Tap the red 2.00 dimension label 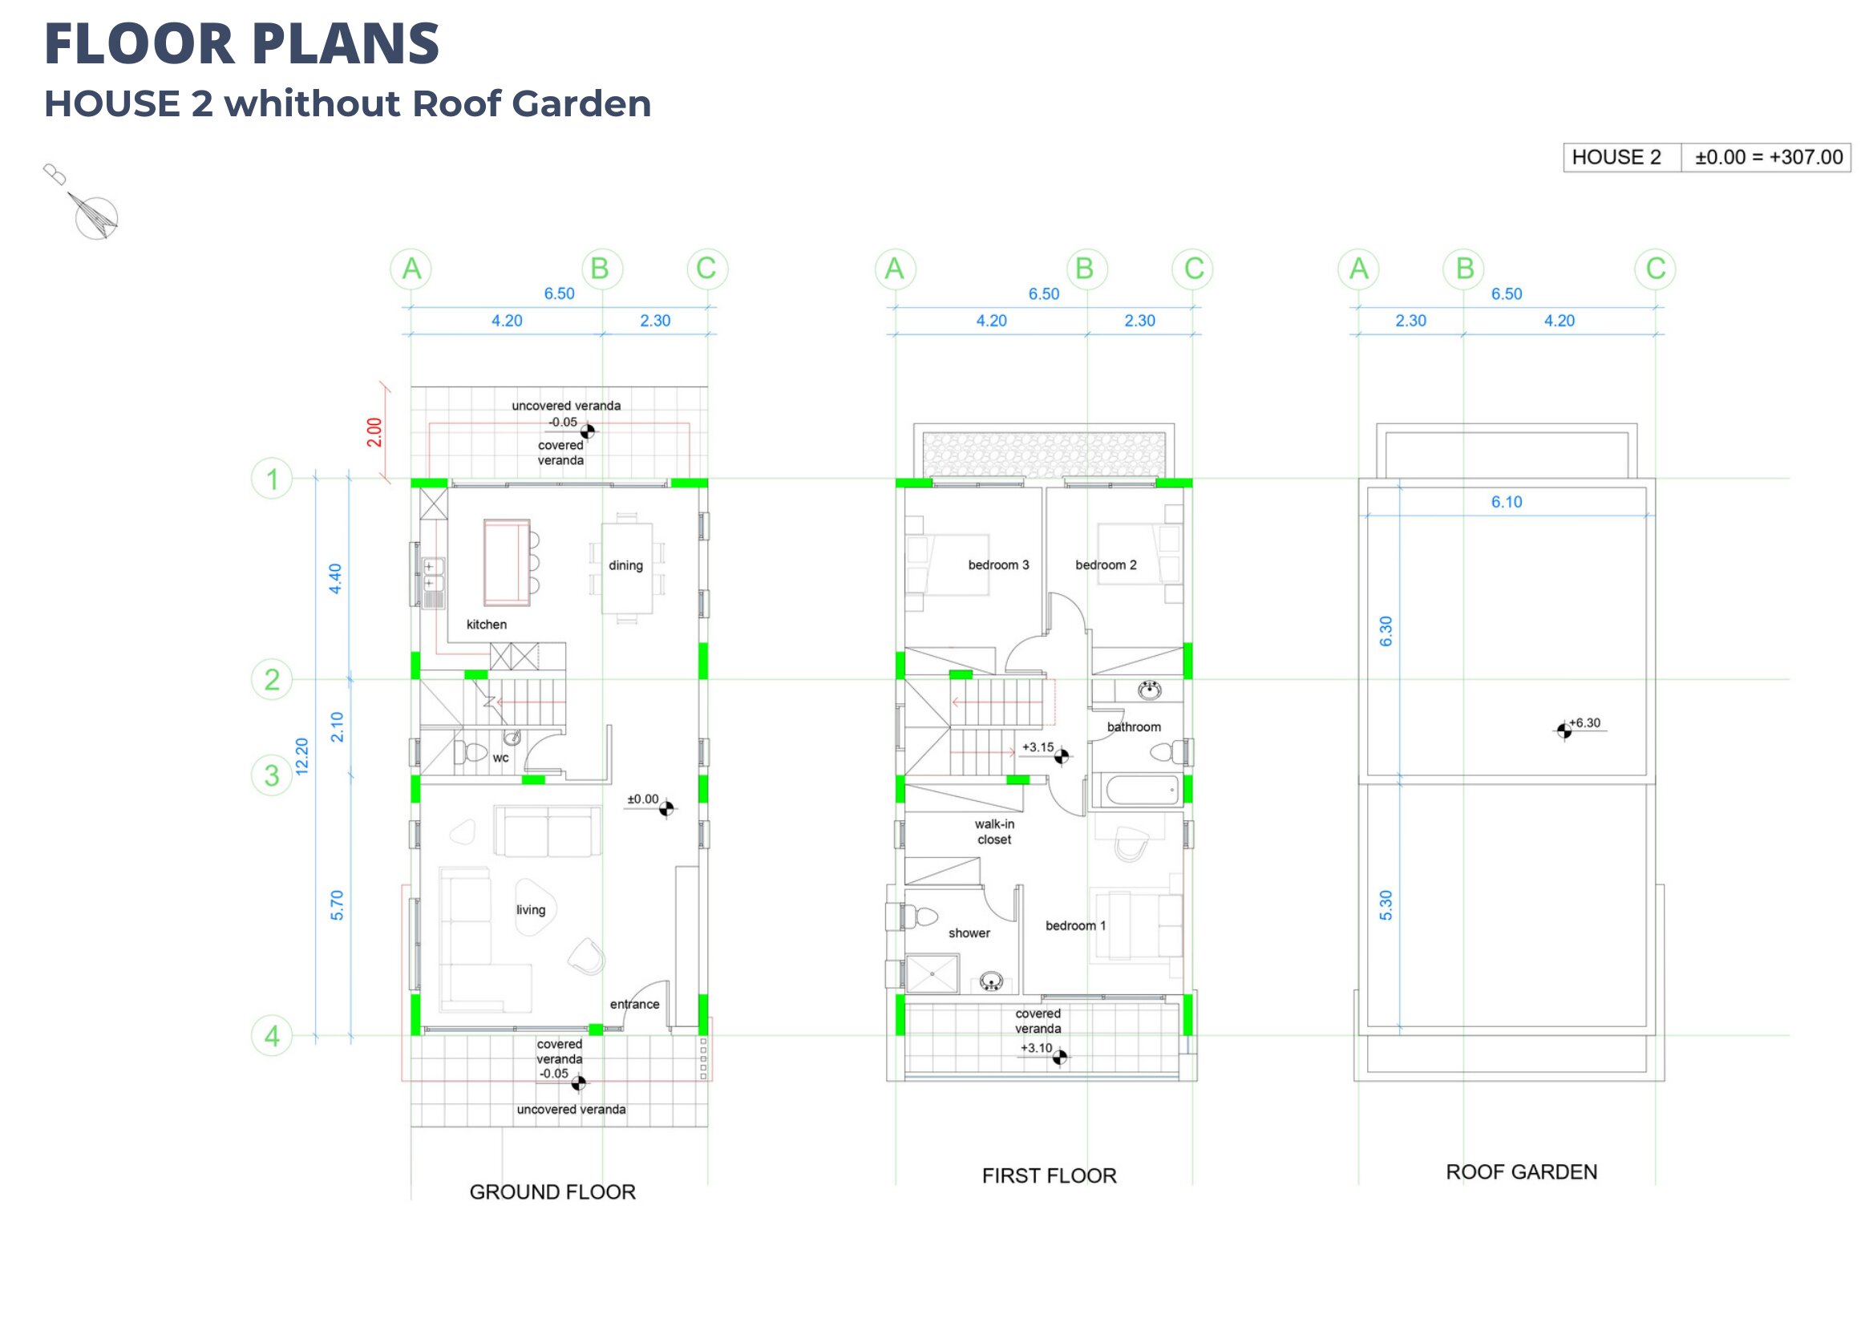click(x=374, y=432)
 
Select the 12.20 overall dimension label click(x=302, y=757)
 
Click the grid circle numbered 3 click(x=272, y=775)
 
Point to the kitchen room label click(x=487, y=625)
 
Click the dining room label click(x=625, y=565)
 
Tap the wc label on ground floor click(x=501, y=759)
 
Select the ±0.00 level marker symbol click(x=666, y=809)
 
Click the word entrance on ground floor click(x=635, y=1005)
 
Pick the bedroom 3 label click(x=998, y=565)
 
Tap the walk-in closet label click(x=994, y=832)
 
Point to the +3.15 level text click(x=1038, y=747)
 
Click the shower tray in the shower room click(x=932, y=976)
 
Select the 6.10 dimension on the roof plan click(x=1507, y=503)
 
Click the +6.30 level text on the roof click(x=1585, y=723)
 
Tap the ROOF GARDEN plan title click(x=1521, y=1172)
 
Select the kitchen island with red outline click(x=507, y=563)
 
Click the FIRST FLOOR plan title click(x=1049, y=1175)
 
